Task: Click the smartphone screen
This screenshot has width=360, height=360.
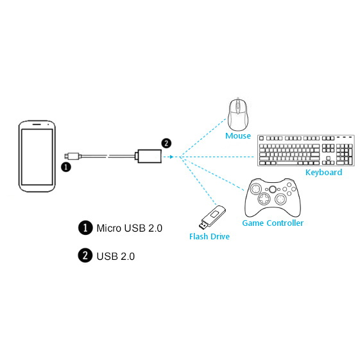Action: tap(37, 157)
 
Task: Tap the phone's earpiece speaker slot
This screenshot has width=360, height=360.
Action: tap(37, 124)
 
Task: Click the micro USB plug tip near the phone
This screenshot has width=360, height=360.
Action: tap(67, 156)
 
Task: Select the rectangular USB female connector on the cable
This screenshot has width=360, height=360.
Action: tap(150, 156)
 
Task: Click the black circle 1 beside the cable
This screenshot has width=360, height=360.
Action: tap(66, 167)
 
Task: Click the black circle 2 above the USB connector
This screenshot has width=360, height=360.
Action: tap(166, 144)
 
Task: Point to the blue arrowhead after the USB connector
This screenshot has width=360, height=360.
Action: tap(171, 157)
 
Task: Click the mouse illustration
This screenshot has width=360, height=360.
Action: tap(238, 114)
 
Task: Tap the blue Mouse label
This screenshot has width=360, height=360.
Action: tap(238, 135)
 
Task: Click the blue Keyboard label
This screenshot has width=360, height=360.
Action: tap(323, 172)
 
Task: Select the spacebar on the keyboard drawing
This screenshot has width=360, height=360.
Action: tap(287, 163)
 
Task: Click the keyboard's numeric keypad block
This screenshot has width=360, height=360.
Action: tap(344, 154)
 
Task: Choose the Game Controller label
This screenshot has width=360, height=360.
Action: tap(273, 223)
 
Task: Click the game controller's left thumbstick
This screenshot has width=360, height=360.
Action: tap(255, 189)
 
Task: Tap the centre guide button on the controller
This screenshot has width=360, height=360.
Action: tap(273, 189)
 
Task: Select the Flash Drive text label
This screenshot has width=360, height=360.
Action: tap(209, 237)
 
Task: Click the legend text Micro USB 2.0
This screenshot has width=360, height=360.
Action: tap(130, 228)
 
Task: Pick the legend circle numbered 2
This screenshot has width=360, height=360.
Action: tap(85, 255)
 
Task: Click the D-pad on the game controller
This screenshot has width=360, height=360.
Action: tap(264, 198)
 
